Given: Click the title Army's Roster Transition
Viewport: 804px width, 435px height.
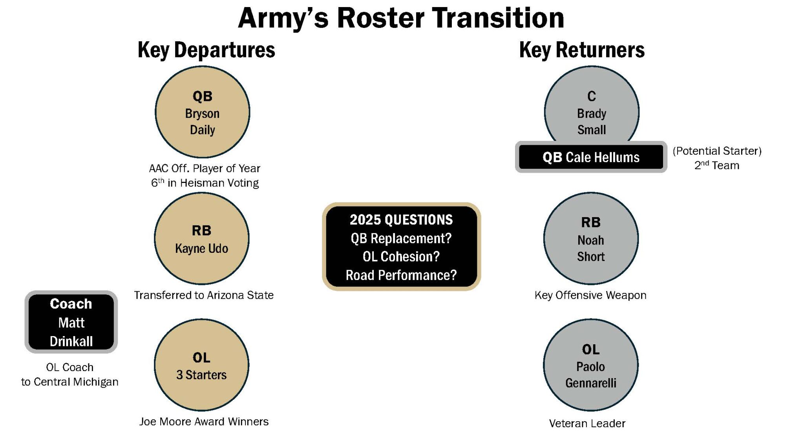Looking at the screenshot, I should [401, 18].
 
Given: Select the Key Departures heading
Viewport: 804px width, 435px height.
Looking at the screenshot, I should [206, 50].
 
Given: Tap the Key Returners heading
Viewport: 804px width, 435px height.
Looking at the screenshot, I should [581, 50].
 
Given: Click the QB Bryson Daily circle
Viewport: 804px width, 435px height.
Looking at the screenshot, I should [202, 112].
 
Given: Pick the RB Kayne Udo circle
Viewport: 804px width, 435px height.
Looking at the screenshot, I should [201, 238].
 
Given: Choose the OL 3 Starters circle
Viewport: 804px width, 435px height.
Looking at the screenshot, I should [201, 365].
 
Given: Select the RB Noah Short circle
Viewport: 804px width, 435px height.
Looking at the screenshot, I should [591, 238].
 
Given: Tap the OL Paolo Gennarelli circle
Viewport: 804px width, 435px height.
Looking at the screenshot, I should [591, 365].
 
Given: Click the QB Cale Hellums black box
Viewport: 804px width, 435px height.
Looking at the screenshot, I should [591, 157].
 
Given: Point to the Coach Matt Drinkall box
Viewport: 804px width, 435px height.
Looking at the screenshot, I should [71, 322].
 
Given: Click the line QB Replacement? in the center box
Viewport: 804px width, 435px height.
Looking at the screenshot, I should [401, 238].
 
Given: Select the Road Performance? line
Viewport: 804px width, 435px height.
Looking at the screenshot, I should [401, 275].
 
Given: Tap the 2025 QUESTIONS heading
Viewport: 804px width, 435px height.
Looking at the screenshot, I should [401, 219].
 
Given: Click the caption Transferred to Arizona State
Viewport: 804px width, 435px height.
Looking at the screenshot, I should [204, 295].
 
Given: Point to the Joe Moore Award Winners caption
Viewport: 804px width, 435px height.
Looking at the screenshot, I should [204, 422].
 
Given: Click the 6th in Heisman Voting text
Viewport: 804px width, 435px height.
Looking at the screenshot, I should [205, 183].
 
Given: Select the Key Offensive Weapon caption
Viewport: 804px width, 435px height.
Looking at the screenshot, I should [590, 295].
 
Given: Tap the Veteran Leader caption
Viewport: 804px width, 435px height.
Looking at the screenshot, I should [587, 424].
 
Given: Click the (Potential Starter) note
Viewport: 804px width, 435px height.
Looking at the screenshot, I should [717, 151].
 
